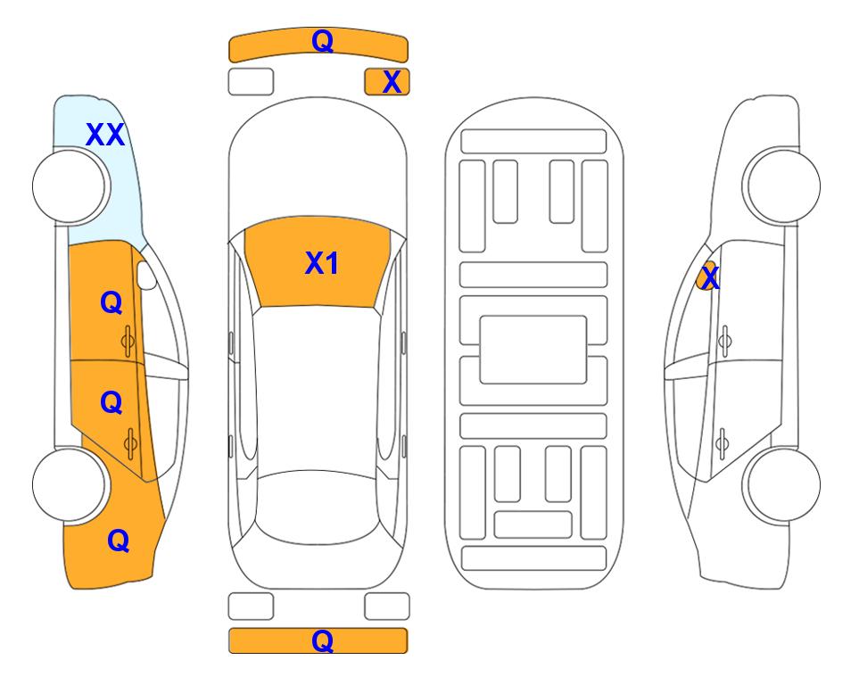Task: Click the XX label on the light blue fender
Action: (105, 135)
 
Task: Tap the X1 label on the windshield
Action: (322, 263)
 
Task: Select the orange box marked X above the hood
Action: (387, 82)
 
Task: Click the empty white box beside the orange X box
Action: (251, 82)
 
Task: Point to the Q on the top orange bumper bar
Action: (322, 41)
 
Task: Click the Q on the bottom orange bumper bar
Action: (322, 640)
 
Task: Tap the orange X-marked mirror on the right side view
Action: (707, 276)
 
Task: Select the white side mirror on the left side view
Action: (146, 275)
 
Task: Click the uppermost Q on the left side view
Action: (112, 302)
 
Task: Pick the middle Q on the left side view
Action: (112, 403)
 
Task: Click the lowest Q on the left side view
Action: (119, 541)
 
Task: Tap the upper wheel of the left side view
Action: (70, 186)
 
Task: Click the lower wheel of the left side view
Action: (70, 484)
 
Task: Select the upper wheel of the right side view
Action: (782, 186)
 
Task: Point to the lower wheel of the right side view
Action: (782, 484)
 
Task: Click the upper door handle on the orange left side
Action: (128, 342)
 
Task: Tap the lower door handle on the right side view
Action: (723, 443)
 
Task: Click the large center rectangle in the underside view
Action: (533, 350)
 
